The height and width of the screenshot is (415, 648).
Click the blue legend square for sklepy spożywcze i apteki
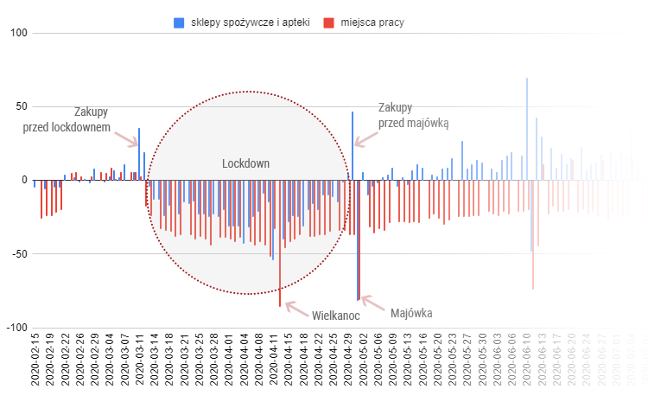pyautogui.click(x=179, y=22)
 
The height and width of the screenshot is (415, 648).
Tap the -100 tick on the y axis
pyautogui.click(x=17, y=328)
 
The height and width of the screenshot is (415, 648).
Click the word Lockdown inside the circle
pyautogui.click(x=245, y=163)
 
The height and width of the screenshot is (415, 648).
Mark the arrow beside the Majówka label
pyautogui.click(x=370, y=303)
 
